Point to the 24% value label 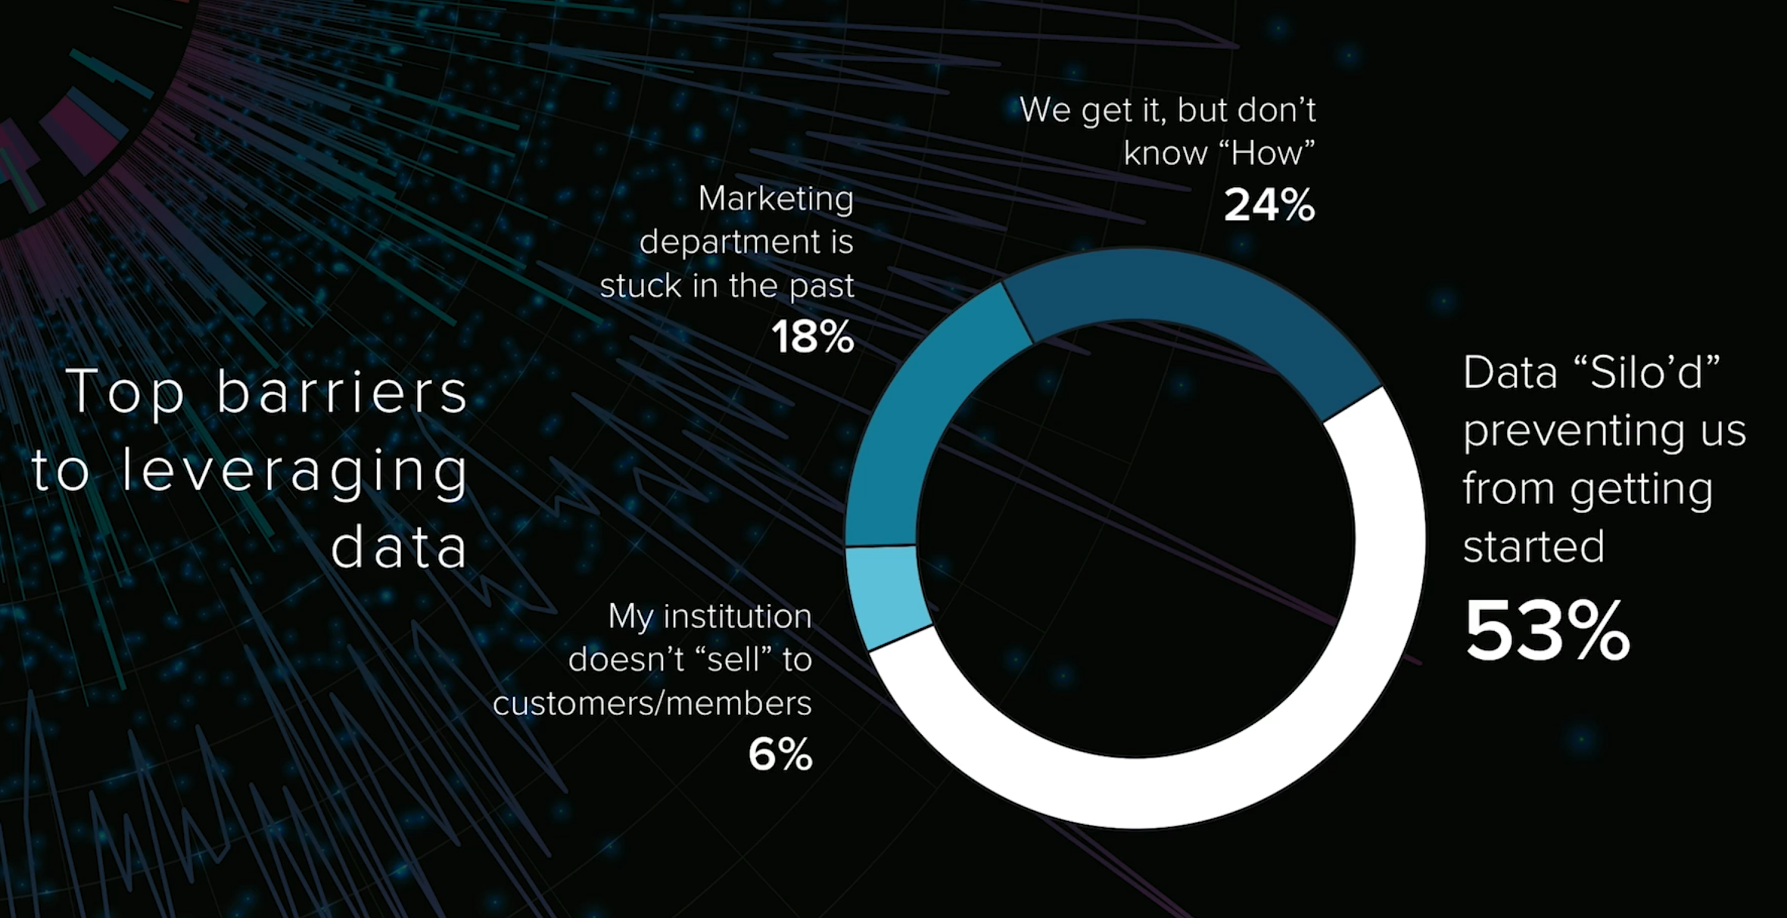pyautogui.click(x=1269, y=205)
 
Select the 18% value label pyautogui.click(x=812, y=338)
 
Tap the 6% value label pyautogui.click(x=780, y=755)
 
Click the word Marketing pyautogui.click(x=776, y=199)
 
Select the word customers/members pyautogui.click(x=652, y=704)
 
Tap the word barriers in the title pyautogui.click(x=343, y=392)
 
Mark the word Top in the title pyautogui.click(x=126, y=392)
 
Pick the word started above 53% pyautogui.click(x=1533, y=546)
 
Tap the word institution pyautogui.click(x=737, y=616)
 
